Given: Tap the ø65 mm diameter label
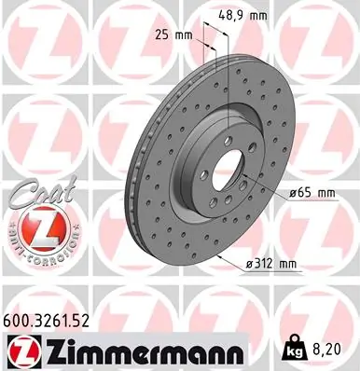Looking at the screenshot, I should (305, 193).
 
